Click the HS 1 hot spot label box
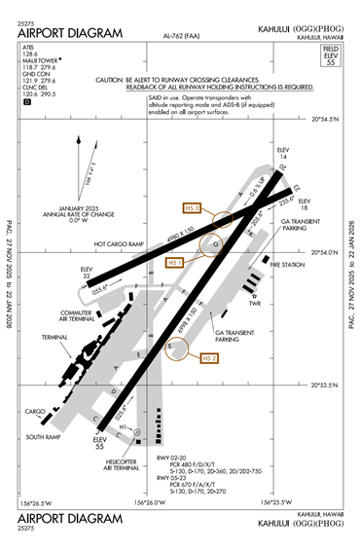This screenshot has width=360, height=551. (x=175, y=263)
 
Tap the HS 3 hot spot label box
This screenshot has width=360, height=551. (x=192, y=207)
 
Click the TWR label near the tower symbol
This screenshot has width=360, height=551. (x=257, y=303)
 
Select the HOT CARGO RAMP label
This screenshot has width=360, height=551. (x=118, y=244)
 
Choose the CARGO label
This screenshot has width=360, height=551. (x=36, y=411)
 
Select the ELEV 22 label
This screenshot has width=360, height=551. (x=87, y=272)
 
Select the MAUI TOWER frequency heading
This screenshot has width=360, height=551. (x=39, y=57)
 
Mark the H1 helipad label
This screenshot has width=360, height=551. (x=124, y=427)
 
